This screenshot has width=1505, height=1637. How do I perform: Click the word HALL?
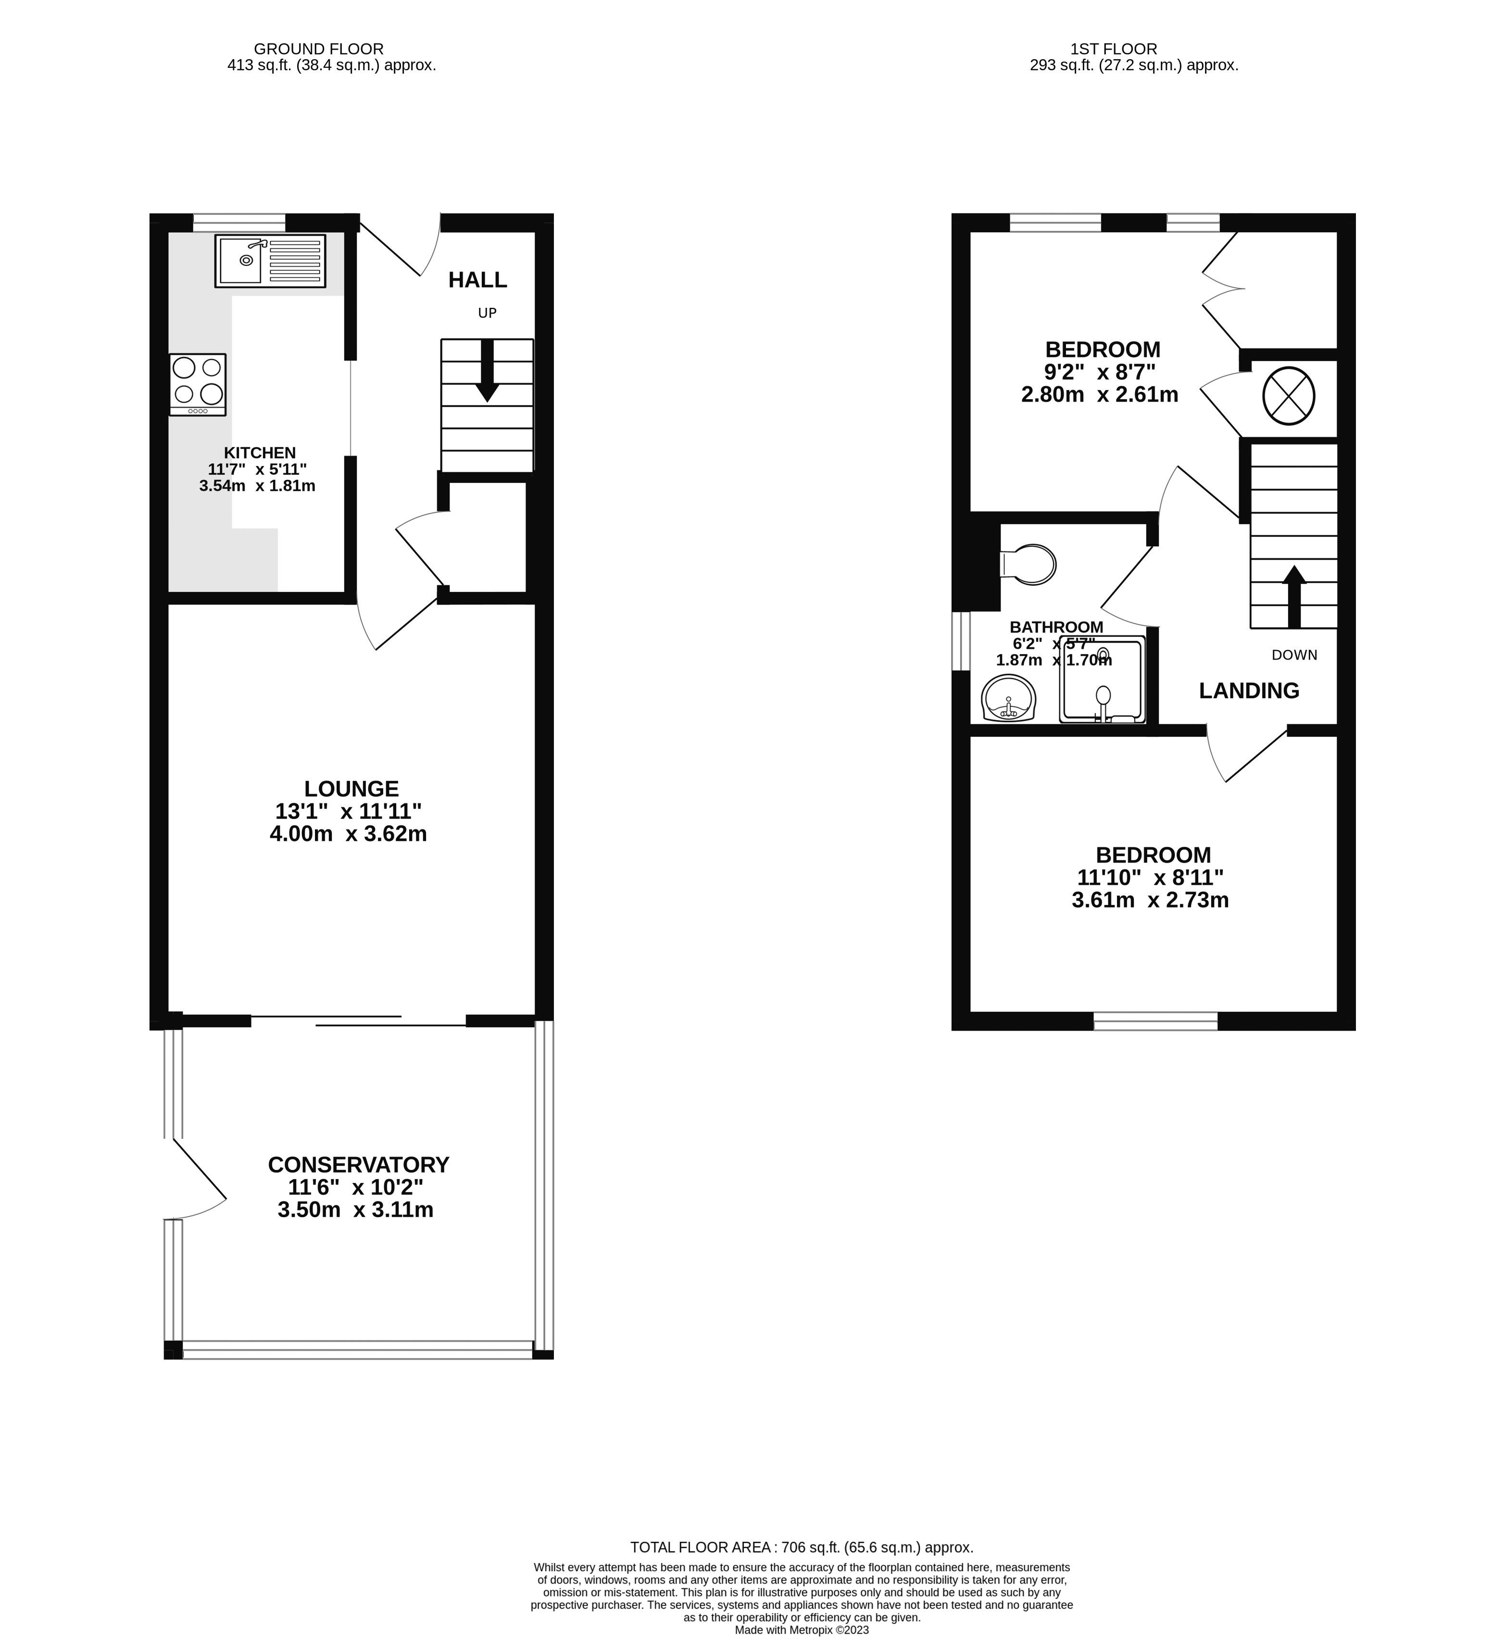[477, 280]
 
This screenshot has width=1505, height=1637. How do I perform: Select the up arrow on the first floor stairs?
[1294, 596]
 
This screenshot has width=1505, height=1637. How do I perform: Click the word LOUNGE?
[351, 788]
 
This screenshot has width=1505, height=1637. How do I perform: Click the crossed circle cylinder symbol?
[1288, 396]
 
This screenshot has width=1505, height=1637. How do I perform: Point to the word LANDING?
[1248, 691]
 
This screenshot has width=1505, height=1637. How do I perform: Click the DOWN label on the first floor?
[1294, 655]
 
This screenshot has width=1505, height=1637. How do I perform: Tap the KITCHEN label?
[260, 453]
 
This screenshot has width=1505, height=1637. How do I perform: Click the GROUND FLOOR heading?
[318, 49]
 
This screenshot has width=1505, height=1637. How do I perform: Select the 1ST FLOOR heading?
[1113, 49]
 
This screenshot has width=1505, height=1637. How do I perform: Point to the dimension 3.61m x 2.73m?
[1150, 900]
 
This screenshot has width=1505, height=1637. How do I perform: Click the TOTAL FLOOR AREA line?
[802, 1548]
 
